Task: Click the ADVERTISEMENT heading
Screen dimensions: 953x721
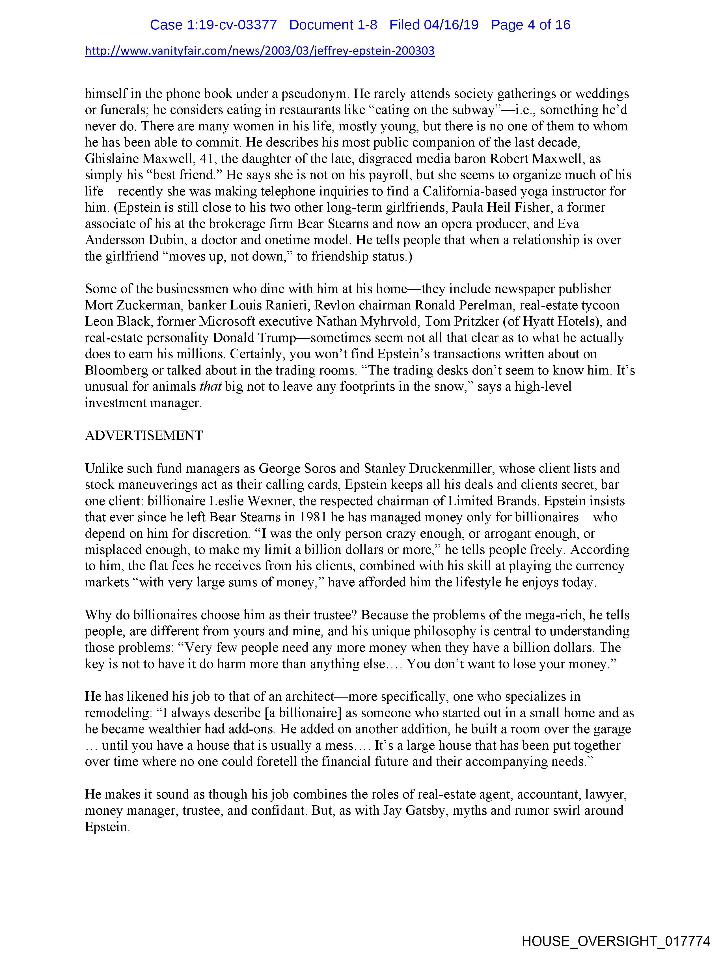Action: (144, 436)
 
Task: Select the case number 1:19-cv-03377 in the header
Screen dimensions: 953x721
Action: (213, 25)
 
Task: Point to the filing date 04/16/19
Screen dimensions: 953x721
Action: (451, 25)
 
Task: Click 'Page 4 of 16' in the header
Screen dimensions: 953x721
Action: (530, 25)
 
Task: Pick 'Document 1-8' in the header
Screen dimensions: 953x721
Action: (333, 25)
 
